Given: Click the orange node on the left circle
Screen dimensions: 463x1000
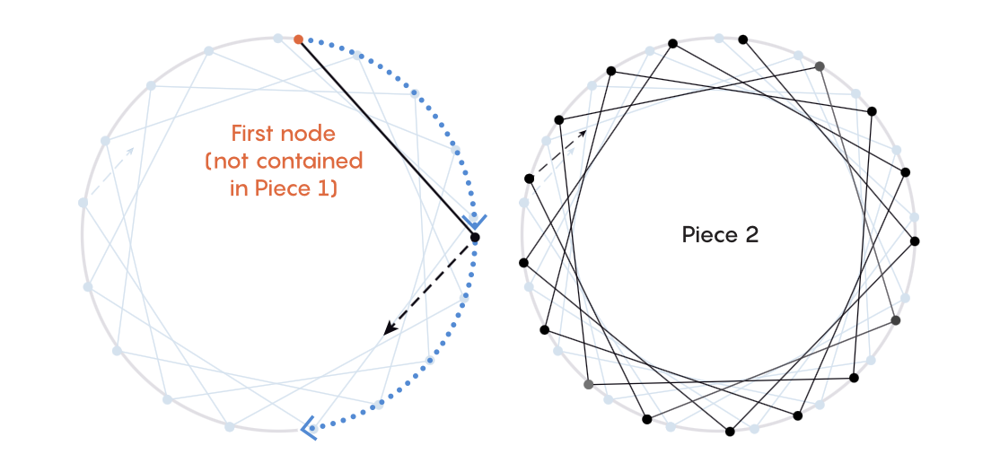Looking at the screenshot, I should coord(298,39).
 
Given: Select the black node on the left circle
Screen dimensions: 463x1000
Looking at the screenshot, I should coord(475,238).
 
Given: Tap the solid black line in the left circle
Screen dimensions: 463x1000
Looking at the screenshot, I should coord(386,138).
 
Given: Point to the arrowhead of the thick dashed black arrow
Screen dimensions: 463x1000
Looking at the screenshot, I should coord(387,332).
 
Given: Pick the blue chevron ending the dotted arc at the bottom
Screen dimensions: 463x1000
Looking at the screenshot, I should coord(309,428).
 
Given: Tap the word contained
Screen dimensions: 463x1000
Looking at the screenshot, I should coord(314,162).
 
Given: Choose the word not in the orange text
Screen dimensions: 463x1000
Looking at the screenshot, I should coord(233,162).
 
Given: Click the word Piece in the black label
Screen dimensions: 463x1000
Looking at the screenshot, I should coord(708,235).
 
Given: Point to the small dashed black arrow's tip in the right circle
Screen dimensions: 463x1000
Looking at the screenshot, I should coord(584,132).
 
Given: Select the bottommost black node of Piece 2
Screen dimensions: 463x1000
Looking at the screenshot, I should coord(730,432).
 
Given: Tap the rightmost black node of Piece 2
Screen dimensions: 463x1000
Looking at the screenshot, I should coord(915,240).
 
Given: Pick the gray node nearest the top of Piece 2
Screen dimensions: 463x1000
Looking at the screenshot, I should coord(820,66).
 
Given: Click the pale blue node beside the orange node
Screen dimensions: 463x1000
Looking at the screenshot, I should coord(278,39).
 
